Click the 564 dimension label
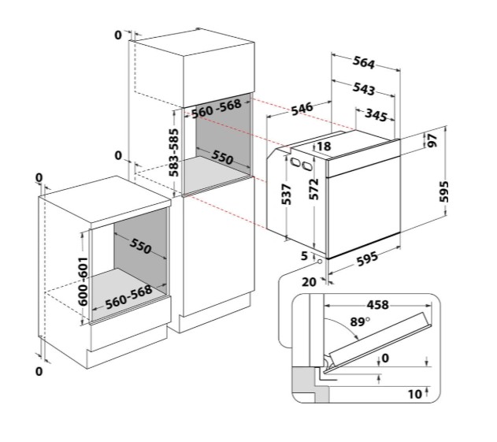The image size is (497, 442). point(364,62)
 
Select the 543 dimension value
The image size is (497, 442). point(364,88)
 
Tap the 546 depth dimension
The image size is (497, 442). point(302,109)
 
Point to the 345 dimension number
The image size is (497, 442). point(376,115)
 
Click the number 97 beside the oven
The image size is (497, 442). point(432,140)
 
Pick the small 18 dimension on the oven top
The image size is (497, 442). point(324,147)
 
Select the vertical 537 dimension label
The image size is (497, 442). point(286,194)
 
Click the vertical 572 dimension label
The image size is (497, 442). point(313,189)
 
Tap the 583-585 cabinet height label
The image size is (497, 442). point(173,153)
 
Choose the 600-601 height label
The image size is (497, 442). point(83,281)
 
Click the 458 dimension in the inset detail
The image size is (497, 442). point(377,305)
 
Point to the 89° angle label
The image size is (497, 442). point(360,321)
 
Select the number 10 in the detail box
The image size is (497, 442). point(415,394)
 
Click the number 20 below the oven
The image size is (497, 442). point(309,282)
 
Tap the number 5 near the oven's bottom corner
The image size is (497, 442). point(304,255)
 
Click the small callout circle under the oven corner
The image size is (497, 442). point(320,262)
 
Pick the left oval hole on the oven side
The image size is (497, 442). point(295,163)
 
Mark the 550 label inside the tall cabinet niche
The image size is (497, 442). point(222,157)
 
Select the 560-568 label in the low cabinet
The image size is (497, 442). point(128,297)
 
